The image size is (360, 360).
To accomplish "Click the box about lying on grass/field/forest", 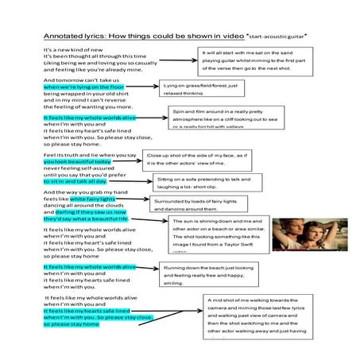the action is [202, 89].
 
